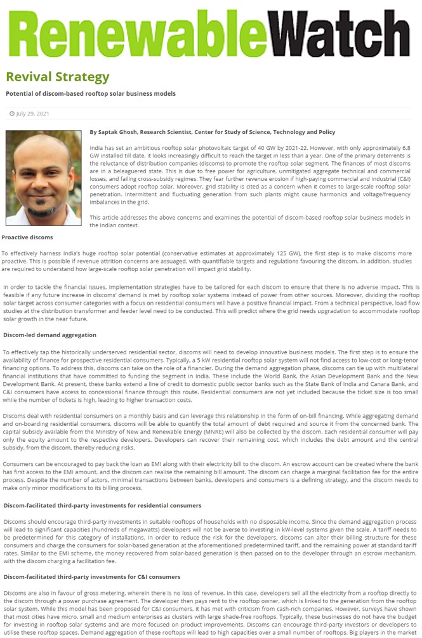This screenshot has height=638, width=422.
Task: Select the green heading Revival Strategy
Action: coord(58,77)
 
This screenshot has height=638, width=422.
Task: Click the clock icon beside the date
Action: coord(11,114)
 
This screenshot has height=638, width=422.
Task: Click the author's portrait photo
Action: coord(43,178)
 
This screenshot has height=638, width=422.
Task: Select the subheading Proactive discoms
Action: coord(27,237)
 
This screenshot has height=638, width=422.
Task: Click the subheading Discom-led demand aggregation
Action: coord(49,335)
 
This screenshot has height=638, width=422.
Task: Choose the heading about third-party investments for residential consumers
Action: coord(102,505)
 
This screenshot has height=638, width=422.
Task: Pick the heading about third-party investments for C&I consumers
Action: coord(91,576)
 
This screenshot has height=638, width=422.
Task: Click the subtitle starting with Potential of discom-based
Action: coord(91,93)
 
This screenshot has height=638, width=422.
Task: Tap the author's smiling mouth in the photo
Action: coord(43,201)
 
